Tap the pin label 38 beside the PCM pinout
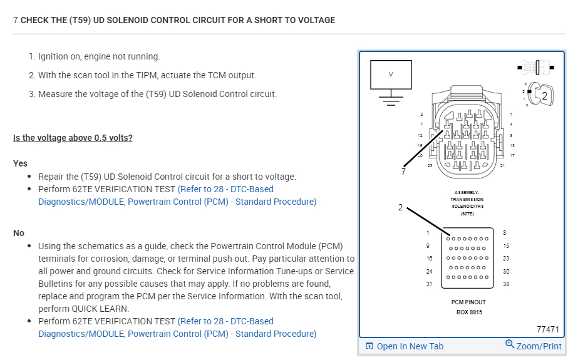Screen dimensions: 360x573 coord(505,284)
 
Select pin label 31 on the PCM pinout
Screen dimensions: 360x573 coord(429,284)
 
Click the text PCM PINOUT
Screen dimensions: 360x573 coord(465,302)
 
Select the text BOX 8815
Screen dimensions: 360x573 coord(465,312)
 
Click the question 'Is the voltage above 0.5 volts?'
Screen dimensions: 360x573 coord(73,138)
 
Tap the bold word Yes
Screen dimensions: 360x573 coord(21,163)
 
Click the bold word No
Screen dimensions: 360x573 coord(19,233)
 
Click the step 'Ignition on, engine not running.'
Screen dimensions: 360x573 coord(99,56)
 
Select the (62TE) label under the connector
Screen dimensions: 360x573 coord(467,213)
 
